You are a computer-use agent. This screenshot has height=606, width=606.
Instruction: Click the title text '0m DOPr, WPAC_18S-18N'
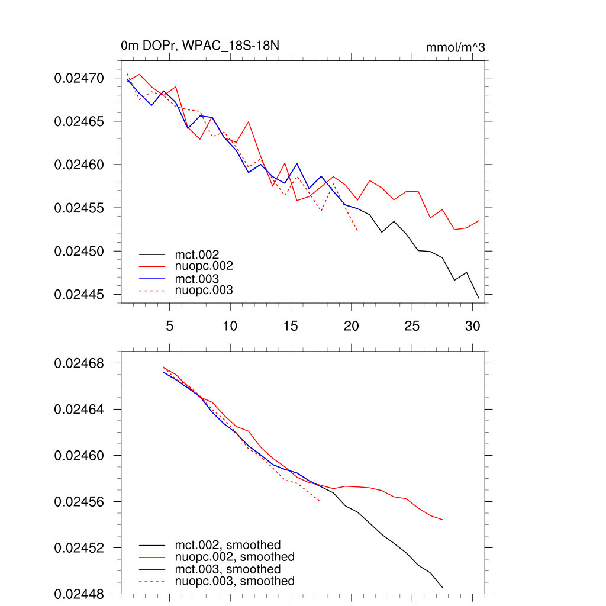(x=195, y=46)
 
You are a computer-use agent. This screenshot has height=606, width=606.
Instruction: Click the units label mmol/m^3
(x=455, y=47)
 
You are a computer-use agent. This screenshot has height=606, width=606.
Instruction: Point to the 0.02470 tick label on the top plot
(x=79, y=78)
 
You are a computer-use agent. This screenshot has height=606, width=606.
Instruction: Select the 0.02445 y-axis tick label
(x=79, y=295)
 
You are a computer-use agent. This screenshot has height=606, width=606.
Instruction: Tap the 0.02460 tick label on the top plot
(x=79, y=165)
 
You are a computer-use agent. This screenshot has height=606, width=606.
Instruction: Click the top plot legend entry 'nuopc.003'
(x=204, y=290)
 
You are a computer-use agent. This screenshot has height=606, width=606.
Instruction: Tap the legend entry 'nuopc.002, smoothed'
(x=234, y=557)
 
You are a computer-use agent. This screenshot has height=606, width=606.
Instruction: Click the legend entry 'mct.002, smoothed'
(x=227, y=544)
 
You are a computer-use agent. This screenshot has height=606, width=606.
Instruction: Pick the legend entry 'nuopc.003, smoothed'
(x=234, y=581)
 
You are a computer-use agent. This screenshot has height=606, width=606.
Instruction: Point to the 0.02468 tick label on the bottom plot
(x=79, y=363)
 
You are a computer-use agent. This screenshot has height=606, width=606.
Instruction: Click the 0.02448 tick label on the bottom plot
(x=79, y=594)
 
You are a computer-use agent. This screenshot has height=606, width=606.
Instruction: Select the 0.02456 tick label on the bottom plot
(x=79, y=502)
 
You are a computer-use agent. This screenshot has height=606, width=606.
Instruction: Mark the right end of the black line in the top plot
(x=478, y=298)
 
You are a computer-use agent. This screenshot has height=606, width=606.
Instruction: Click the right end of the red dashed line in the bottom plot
(x=320, y=502)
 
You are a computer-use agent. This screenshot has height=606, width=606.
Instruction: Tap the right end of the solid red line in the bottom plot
(x=443, y=520)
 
